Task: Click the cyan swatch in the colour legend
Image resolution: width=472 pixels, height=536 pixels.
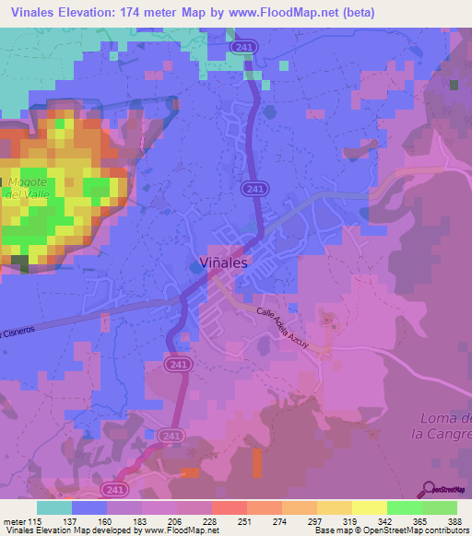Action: [x=54, y=507]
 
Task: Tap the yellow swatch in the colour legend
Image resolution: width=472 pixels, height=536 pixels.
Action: [x=370, y=507]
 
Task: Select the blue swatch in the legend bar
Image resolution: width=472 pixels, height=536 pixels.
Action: [x=89, y=507]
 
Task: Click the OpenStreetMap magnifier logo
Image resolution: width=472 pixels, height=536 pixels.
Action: [x=430, y=489]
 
